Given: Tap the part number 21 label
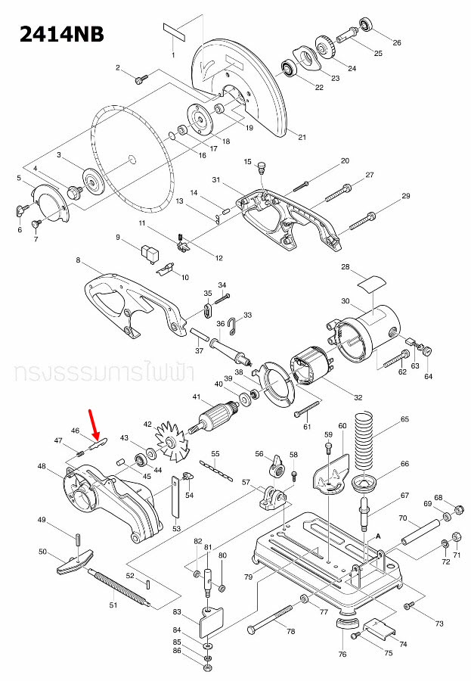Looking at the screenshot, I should [302, 138].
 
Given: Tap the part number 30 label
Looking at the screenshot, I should [346, 302].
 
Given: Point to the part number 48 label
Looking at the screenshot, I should [42, 466].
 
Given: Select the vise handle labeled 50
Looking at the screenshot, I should [73, 561].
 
